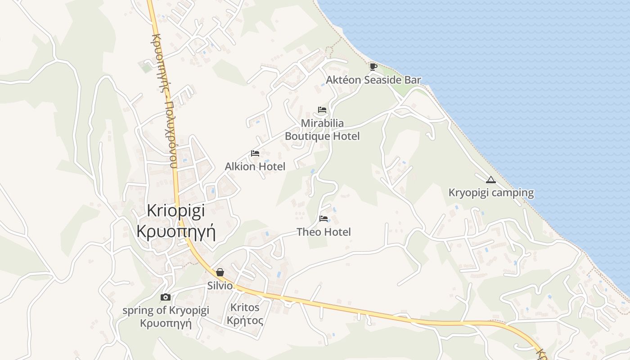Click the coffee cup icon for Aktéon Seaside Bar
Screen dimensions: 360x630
[x=373, y=67]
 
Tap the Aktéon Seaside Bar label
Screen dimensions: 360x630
[x=373, y=80]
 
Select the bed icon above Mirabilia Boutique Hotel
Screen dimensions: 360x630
[x=322, y=110]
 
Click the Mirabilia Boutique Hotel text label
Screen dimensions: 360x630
[x=322, y=130]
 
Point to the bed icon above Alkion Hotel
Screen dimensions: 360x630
[x=255, y=153]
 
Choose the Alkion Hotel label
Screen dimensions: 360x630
[x=255, y=166]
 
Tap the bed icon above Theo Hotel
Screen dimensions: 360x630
[x=324, y=219]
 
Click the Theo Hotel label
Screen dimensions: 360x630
[x=324, y=232]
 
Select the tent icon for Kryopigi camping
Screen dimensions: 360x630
[x=491, y=180]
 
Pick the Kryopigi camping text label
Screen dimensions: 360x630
[x=491, y=193]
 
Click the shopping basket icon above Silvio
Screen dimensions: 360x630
[x=220, y=272]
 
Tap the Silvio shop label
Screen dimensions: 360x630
[x=220, y=286]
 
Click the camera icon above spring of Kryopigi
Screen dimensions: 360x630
[x=166, y=297]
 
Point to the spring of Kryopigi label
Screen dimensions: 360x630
[x=166, y=310]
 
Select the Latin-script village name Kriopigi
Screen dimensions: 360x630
[x=176, y=211]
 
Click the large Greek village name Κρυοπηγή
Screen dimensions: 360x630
[x=176, y=231]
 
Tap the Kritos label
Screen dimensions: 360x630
[x=245, y=307]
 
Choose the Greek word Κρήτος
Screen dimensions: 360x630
[x=245, y=320]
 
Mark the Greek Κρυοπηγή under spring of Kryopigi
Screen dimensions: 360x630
[x=166, y=323]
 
